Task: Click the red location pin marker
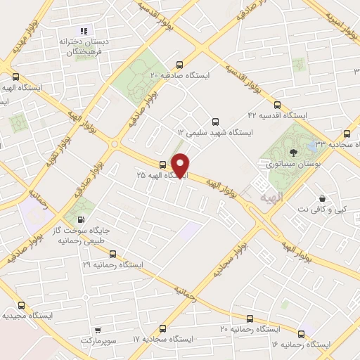point(181,165)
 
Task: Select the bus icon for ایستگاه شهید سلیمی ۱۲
point(215,120)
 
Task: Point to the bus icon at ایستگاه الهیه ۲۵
point(163,165)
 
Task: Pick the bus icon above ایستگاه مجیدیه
point(20,306)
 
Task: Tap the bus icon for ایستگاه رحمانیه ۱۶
point(302,334)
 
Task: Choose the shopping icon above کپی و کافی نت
point(322,199)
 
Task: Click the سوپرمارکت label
point(97,340)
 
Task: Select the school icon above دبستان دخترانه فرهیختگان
point(84,32)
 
